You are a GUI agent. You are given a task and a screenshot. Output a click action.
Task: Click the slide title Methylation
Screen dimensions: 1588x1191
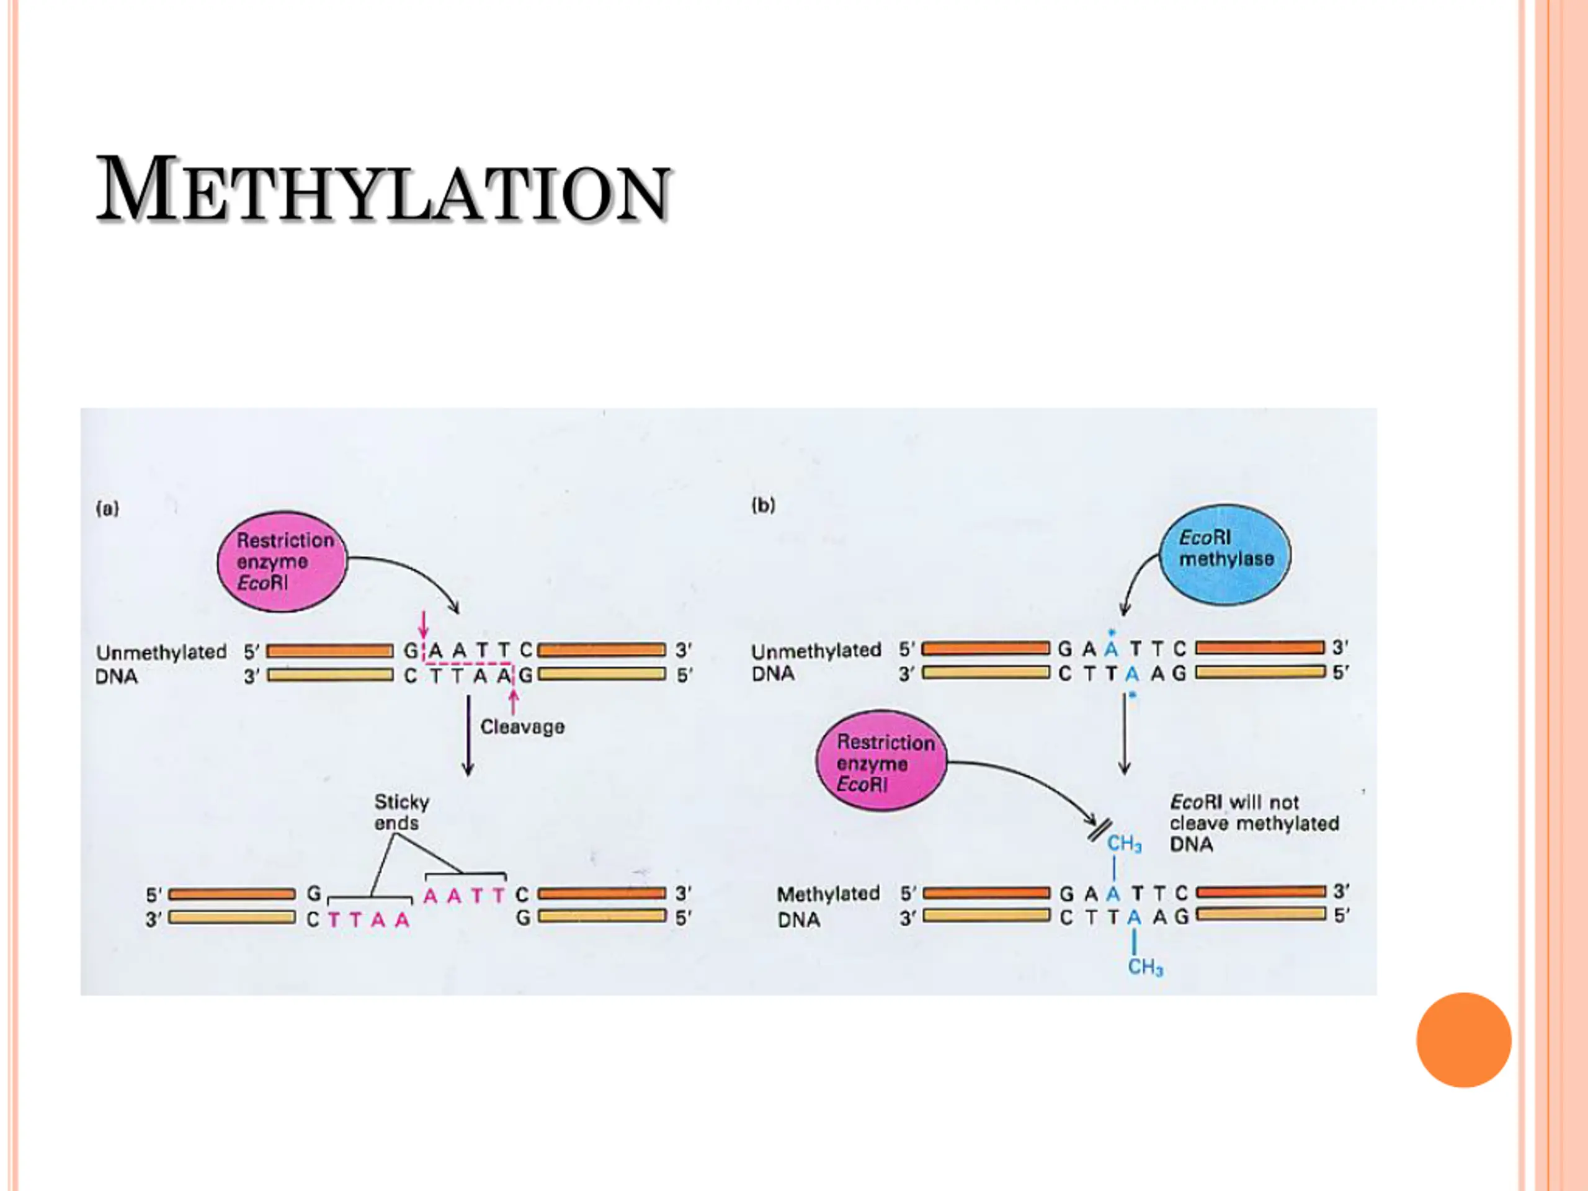point(383,190)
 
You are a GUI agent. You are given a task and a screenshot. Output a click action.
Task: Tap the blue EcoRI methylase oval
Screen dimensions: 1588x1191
point(1226,554)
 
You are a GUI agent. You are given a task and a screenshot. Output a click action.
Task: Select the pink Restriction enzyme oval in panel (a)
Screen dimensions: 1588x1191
point(282,561)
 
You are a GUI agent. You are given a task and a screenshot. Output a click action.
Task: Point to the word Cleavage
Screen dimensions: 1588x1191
point(522,726)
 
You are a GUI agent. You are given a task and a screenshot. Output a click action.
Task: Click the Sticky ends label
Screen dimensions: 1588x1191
point(401,812)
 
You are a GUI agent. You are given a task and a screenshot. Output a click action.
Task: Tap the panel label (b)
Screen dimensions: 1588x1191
point(763,506)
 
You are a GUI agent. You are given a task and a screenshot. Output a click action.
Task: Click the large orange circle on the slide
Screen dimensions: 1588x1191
point(1464,1040)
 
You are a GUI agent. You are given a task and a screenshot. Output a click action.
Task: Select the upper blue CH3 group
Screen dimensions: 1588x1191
point(1124,844)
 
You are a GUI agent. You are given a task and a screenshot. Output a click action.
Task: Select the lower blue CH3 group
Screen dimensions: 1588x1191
point(1145,967)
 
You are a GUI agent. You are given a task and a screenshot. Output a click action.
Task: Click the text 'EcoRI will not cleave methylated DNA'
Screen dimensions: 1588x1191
point(1254,823)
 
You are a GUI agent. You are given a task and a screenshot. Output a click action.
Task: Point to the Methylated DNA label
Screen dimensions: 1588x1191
point(827,906)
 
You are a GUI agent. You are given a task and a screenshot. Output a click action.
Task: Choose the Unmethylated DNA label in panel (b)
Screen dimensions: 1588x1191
point(816,662)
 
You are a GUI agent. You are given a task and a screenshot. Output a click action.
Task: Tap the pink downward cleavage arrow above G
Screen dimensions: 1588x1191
point(424,624)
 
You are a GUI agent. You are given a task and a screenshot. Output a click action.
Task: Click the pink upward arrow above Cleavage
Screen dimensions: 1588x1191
point(513,701)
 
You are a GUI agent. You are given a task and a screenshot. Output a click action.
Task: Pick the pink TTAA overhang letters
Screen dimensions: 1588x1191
point(368,920)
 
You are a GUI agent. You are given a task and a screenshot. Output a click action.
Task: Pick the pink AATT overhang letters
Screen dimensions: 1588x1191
point(465,895)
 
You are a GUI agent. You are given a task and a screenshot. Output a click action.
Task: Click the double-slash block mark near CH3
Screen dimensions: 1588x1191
point(1100,829)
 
